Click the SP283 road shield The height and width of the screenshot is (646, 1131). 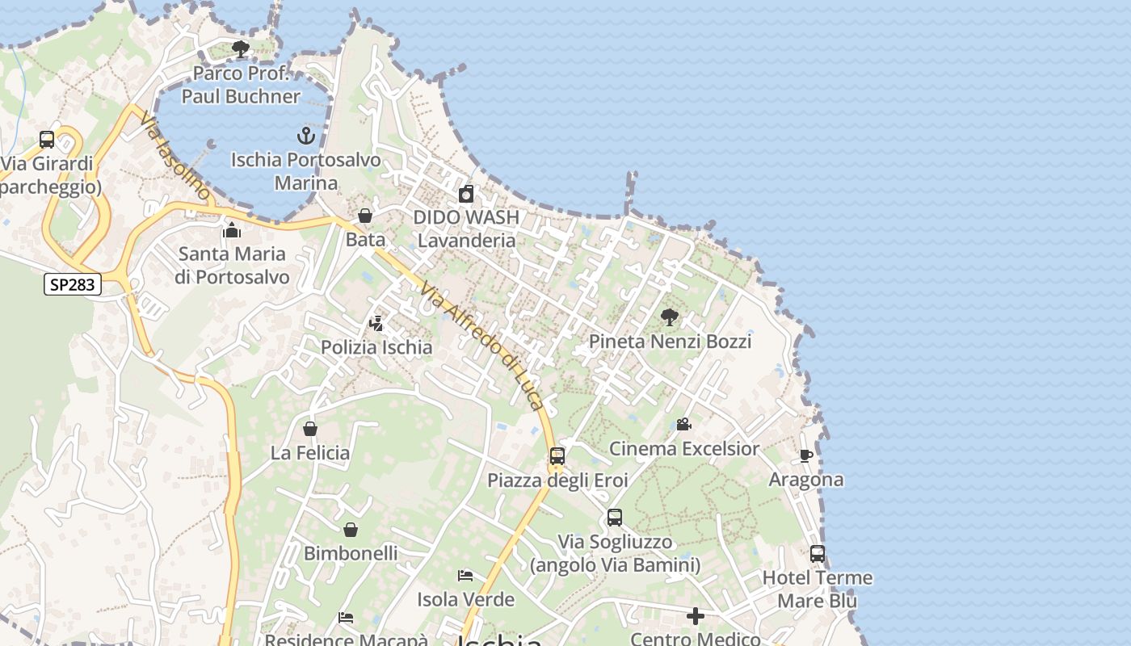point(73,284)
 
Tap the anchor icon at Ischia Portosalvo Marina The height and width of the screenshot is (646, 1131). point(305,135)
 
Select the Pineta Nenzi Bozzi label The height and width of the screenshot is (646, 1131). point(670,341)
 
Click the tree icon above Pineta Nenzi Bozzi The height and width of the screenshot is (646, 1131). point(669,317)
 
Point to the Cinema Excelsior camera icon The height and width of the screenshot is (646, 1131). point(683,425)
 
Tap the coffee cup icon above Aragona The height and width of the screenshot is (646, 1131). point(805,456)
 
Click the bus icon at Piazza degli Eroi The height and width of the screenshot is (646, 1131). point(557,456)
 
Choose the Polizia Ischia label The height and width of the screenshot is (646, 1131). point(376,347)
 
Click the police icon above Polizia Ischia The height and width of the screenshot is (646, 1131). point(376,324)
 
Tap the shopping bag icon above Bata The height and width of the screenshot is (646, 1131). point(365,216)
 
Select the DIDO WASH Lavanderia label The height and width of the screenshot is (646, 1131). point(466,229)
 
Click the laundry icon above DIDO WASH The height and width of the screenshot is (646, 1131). point(466,194)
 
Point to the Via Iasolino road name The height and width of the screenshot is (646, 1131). point(174,157)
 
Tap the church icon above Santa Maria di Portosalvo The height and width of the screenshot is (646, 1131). point(232,231)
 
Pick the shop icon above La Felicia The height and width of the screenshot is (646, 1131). point(310,429)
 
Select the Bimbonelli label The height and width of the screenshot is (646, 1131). point(351,553)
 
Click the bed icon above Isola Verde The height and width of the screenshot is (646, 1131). point(465,576)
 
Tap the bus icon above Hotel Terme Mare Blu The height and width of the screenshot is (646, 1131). point(818,554)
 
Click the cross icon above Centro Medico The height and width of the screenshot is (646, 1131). point(695,617)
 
